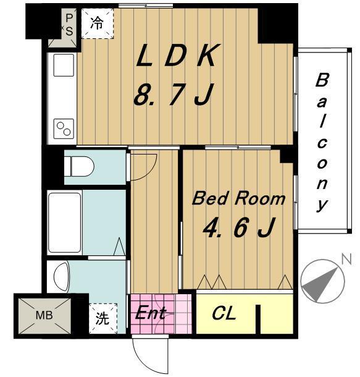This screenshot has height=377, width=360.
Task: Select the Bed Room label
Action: click(x=239, y=199)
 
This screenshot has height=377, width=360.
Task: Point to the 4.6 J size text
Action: click(x=238, y=227)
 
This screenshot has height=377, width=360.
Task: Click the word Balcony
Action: click(x=322, y=143)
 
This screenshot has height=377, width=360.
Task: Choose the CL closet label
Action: click(x=224, y=313)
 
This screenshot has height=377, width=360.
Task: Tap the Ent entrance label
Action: click(x=150, y=313)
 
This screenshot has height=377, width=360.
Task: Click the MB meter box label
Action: click(x=44, y=315)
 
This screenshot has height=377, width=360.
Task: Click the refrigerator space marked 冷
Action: click(x=97, y=23)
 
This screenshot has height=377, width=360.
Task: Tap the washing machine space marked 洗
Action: click(x=103, y=318)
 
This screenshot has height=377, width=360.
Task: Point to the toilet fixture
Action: click(x=79, y=166)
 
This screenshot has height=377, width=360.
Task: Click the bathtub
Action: click(x=64, y=222)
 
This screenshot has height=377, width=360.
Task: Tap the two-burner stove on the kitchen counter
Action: click(x=64, y=129)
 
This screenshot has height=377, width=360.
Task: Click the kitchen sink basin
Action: click(x=64, y=65)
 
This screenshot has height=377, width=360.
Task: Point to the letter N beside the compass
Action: click(x=346, y=259)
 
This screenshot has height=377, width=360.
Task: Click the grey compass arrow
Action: click(x=320, y=285)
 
